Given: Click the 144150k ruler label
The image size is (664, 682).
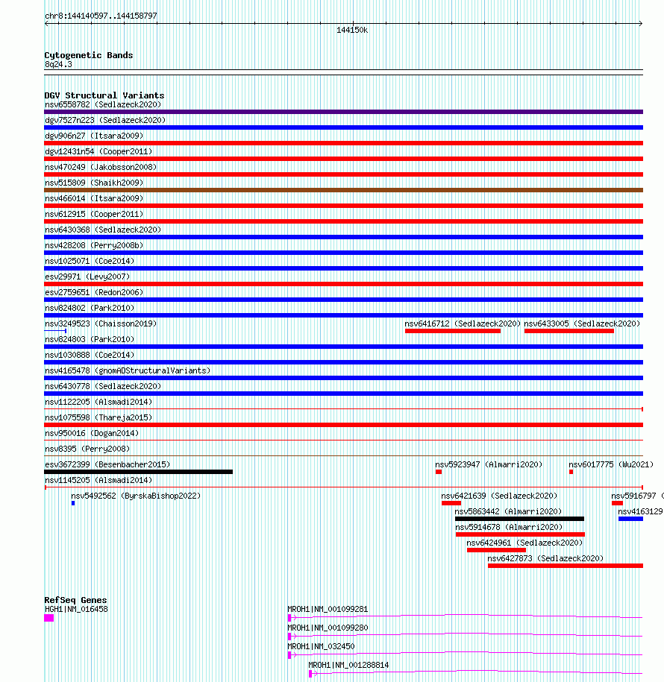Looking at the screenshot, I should tap(352, 31).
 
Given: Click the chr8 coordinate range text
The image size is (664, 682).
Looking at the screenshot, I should tap(101, 16).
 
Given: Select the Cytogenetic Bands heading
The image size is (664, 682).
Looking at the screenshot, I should tap(88, 55).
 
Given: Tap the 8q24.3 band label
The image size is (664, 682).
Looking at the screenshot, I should tap(58, 64).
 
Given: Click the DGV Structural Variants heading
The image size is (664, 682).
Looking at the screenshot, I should tap(104, 95).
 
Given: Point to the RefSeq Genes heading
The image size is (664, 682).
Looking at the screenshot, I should tap(75, 600).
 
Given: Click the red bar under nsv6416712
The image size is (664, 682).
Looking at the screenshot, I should tap(452, 331).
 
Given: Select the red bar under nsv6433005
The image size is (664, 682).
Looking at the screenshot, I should tap(569, 331).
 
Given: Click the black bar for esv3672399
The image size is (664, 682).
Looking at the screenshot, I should tap(138, 472).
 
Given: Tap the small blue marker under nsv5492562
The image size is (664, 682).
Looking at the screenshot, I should tap(73, 503).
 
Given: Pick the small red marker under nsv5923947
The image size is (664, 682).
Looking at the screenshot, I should tap(439, 472).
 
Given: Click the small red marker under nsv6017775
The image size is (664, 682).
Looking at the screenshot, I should tap(571, 472).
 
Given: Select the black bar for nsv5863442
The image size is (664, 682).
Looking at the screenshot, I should tap(519, 519).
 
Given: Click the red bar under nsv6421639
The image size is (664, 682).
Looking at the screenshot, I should tap(451, 503).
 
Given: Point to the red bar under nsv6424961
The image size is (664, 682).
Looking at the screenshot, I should tap(496, 550).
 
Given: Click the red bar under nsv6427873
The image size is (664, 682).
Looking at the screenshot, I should tap(565, 566).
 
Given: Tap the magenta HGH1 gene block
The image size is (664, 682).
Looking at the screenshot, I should tap(49, 617).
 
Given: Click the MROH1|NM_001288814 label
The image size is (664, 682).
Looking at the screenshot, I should tap(348, 665).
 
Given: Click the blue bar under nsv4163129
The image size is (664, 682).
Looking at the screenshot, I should tap(630, 519).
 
